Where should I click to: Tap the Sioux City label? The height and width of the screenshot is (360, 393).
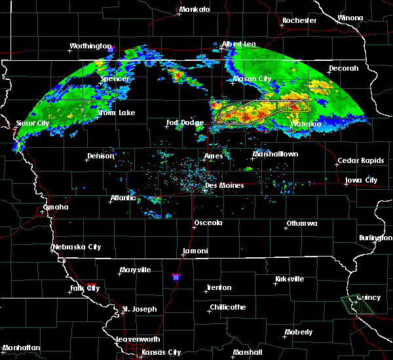point(33,123)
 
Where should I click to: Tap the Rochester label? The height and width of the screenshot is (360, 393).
point(299,20)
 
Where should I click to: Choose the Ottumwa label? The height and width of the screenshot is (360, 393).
point(302,224)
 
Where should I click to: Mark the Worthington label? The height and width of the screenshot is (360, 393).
point(91,46)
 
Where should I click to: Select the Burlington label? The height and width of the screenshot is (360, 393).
point(376,238)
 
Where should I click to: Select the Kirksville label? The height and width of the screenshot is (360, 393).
point(289,279)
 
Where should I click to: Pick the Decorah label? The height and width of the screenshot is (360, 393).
point(344,68)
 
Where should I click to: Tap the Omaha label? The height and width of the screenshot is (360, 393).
point(56,207)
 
